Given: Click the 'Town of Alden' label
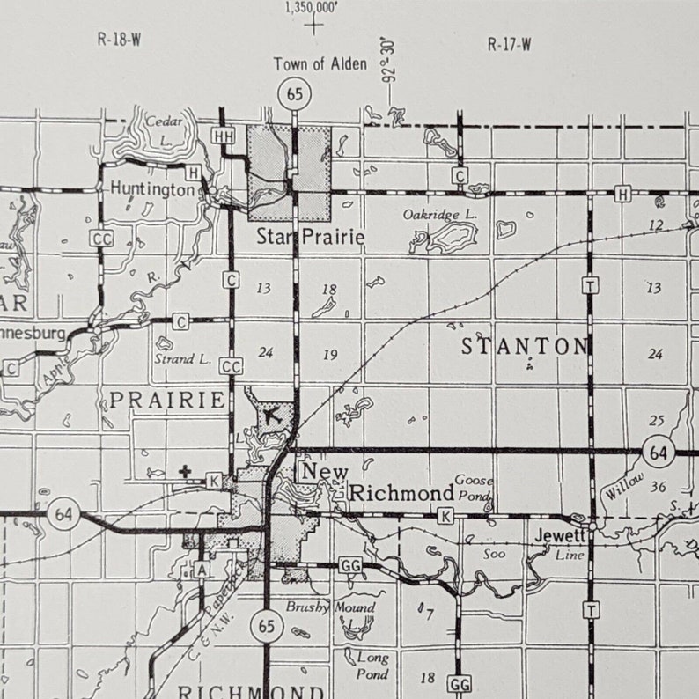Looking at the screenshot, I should [320, 63].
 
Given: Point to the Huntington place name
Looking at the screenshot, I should [152, 189].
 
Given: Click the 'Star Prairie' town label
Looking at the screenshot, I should [298, 237].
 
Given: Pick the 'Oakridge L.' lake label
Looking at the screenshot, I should [440, 214].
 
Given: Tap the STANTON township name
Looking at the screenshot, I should [525, 346].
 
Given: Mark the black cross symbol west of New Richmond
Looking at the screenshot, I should [185, 472].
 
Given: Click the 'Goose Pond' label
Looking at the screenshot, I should [474, 487].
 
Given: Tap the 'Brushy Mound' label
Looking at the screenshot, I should [330, 607].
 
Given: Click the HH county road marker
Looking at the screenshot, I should [224, 136].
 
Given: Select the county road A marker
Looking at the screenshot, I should [202, 570].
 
